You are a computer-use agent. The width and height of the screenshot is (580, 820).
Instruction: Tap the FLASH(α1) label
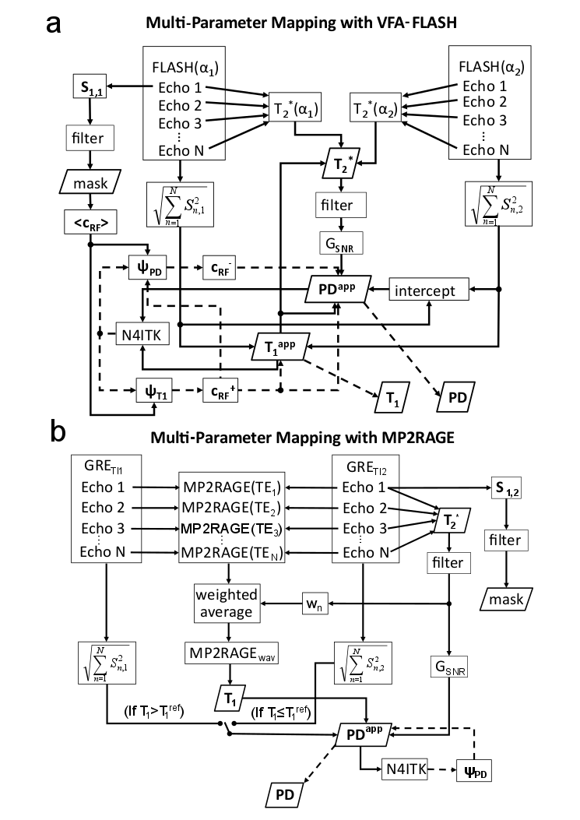178,63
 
